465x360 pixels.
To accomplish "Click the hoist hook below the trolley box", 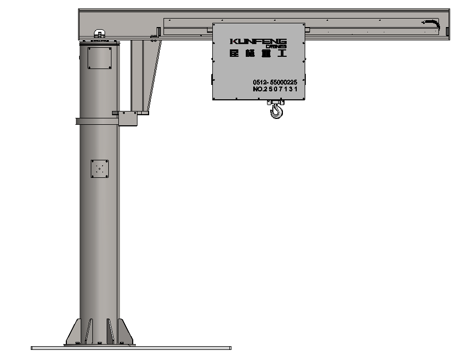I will pyautogui.click(x=277, y=110).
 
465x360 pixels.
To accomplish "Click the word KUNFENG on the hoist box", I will pyautogui.click(x=258, y=41).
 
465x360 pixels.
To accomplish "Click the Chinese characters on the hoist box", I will pyautogui.click(x=258, y=53).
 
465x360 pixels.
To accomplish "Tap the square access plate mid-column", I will pyautogui.click(x=99, y=169).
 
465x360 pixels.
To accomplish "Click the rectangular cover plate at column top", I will pyautogui.click(x=99, y=58).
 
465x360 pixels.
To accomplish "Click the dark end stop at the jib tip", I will pyautogui.click(x=447, y=31).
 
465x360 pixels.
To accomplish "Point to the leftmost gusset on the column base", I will pyautogui.click(x=75, y=331).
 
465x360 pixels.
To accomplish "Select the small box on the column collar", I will pyautogui.click(x=128, y=118).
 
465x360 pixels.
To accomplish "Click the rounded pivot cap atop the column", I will pyautogui.click(x=99, y=34).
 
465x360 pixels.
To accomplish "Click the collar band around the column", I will pyautogui.click(x=96, y=121).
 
